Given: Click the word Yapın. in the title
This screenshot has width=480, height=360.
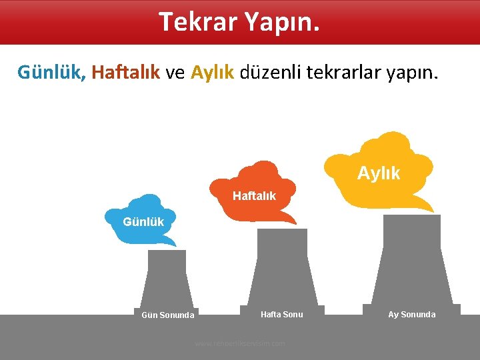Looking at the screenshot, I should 283,21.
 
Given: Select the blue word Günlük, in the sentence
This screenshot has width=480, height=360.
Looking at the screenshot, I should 52,72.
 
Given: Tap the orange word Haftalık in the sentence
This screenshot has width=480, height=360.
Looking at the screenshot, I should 126,72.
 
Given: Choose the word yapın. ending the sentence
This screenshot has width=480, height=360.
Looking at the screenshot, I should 413,72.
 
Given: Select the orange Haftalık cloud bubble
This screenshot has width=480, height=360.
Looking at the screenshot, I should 254,193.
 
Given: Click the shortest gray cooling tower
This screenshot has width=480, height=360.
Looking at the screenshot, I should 167,280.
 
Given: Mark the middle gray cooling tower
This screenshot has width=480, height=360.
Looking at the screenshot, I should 282,267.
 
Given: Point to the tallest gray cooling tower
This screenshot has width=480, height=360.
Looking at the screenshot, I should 411,260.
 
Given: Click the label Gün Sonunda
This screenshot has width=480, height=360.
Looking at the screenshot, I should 168,315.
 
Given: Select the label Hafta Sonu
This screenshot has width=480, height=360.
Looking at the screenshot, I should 281,314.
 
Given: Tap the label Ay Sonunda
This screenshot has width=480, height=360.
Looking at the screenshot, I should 411,314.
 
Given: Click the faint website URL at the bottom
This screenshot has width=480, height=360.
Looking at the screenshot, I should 240,343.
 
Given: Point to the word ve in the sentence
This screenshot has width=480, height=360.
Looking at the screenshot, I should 175,72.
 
